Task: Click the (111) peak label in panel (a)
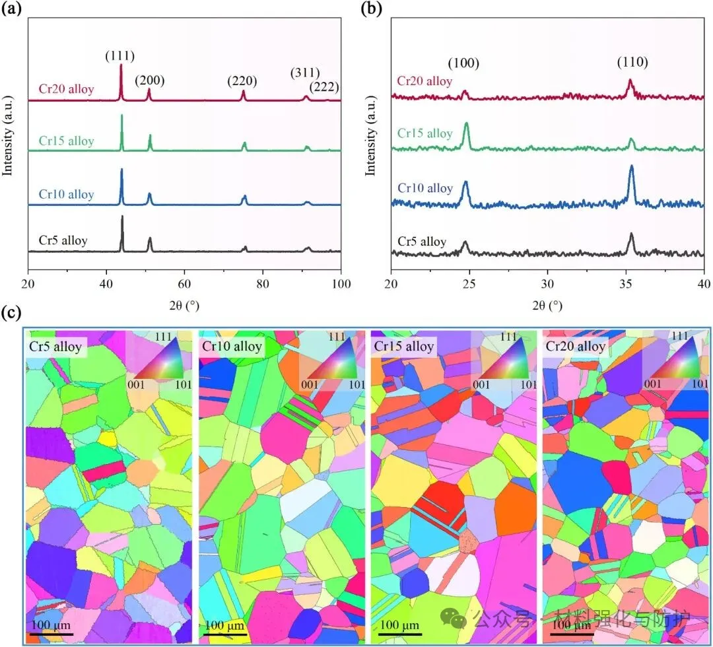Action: click(120, 56)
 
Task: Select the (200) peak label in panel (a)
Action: click(150, 81)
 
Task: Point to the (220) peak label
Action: click(242, 81)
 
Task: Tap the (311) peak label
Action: click(305, 73)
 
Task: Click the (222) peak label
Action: click(325, 86)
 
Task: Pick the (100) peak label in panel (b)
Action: click(463, 64)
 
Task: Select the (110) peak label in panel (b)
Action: click(632, 63)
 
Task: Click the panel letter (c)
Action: click(11, 312)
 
